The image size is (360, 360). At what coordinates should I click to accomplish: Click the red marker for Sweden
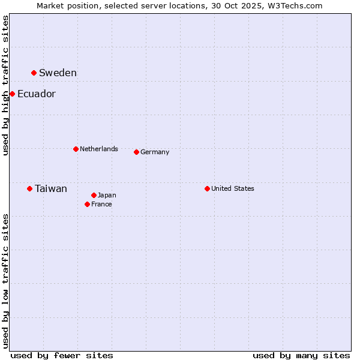click(34, 73)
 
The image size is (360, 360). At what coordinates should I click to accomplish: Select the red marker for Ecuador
click(12, 94)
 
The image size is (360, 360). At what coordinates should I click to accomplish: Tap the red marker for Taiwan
click(29, 189)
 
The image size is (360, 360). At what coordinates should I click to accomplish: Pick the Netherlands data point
click(76, 149)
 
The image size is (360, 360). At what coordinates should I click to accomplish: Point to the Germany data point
click(136, 152)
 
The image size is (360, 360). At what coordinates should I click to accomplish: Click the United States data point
click(207, 188)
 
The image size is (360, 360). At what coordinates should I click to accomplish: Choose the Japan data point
click(94, 195)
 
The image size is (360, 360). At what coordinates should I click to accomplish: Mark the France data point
click(87, 204)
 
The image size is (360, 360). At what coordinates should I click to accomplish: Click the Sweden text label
click(58, 73)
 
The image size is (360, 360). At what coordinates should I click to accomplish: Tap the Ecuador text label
click(36, 94)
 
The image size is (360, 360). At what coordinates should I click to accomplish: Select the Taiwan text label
click(51, 189)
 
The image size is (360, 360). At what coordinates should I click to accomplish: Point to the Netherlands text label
click(99, 149)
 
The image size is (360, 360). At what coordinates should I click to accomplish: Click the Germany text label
click(155, 152)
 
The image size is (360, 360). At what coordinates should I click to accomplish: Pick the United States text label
click(233, 188)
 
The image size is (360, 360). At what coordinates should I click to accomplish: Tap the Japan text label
click(107, 195)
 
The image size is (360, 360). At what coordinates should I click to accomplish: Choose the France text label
click(101, 204)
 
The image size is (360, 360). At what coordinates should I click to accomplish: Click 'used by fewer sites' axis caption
click(62, 355)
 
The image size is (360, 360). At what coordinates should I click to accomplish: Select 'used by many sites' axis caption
click(301, 355)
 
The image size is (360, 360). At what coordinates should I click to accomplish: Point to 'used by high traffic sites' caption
click(5, 86)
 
